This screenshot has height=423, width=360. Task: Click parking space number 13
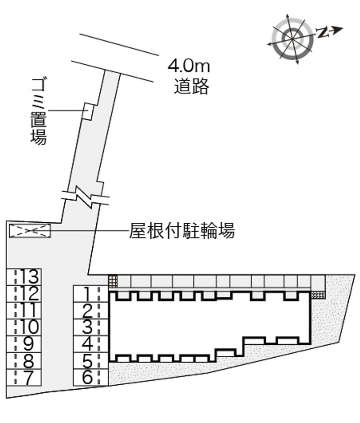(24, 277)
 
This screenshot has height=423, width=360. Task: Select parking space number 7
(24, 377)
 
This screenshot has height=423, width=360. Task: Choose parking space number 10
(24, 327)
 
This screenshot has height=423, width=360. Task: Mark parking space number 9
(24, 344)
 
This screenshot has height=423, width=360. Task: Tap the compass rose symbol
(292, 39)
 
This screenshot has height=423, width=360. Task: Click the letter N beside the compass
(321, 33)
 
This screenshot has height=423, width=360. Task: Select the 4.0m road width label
(189, 66)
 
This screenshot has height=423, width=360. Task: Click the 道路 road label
(191, 86)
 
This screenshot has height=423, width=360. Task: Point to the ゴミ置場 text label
(39, 111)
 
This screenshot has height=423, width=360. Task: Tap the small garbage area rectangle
(88, 111)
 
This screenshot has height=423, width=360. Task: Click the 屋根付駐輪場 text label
(182, 231)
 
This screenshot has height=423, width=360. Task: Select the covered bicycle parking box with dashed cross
(30, 231)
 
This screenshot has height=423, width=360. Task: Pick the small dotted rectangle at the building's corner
(319, 295)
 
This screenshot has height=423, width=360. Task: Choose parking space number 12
(24, 293)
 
